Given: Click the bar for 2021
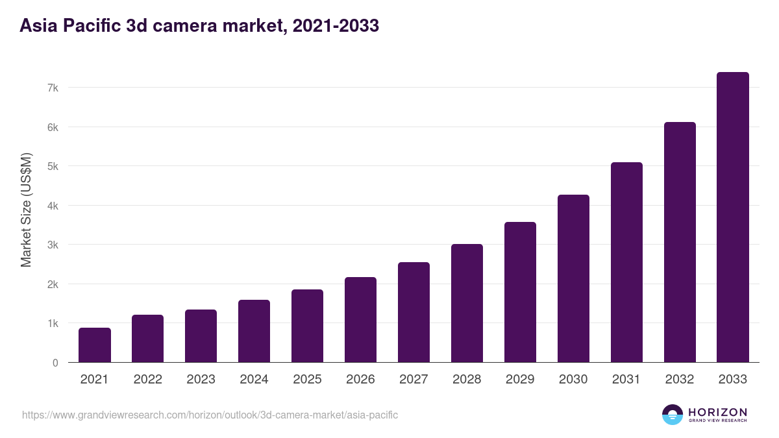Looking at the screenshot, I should pos(95,345).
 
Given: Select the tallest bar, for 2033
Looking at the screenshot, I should pos(733,217).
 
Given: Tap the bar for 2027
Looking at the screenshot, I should pos(414,312).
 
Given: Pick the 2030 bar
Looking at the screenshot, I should pos(573,278).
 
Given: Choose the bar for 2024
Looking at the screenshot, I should pos(254,331).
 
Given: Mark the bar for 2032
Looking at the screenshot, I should pos(680,242).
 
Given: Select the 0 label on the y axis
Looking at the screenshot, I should pos(56,363).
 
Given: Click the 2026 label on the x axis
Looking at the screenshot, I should pos(360,380).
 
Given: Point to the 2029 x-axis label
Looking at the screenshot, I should pos(520,380).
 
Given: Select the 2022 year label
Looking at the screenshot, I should pos(147,380).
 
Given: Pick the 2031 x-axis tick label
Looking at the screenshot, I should pos(626,380).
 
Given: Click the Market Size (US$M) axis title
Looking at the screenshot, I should pos(26,210).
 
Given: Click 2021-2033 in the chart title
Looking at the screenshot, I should pos(336,26).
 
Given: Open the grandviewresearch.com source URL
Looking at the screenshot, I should pos(210,415).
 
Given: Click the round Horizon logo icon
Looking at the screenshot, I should pos(673,415).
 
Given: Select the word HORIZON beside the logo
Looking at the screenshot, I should pos(717,412).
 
